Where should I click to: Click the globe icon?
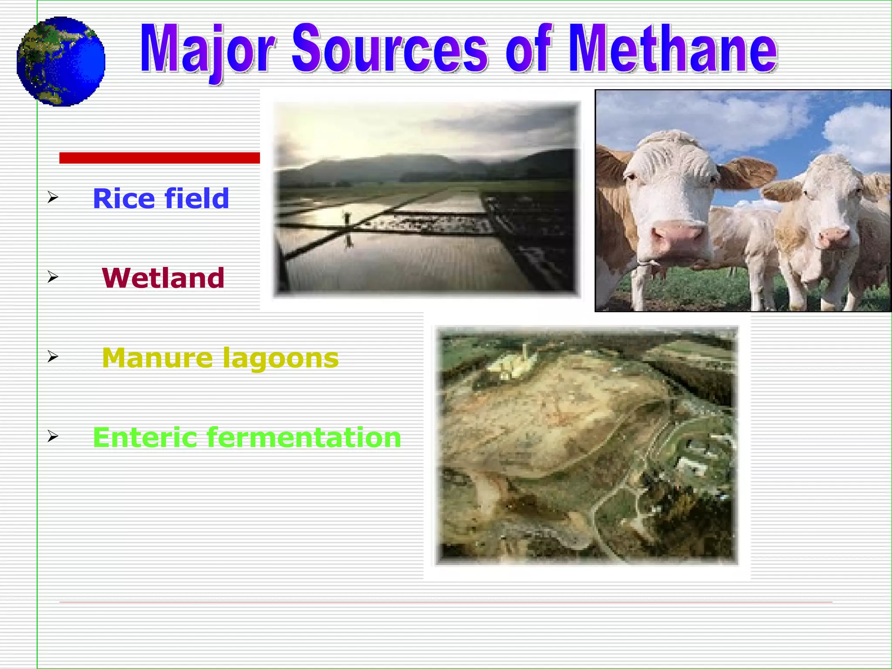click(x=61, y=61)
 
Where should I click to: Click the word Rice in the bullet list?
click(x=124, y=199)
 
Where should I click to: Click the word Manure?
click(x=157, y=358)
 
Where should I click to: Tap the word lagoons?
click(x=280, y=359)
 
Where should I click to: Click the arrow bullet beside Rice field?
click(x=53, y=197)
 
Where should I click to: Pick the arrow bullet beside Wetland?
click(x=53, y=277)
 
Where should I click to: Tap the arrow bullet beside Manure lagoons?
click(x=53, y=357)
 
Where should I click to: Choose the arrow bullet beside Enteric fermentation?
click(x=53, y=436)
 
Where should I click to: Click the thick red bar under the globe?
click(x=159, y=158)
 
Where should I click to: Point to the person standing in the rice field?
click(x=348, y=218)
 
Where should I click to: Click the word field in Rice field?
click(x=196, y=199)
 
